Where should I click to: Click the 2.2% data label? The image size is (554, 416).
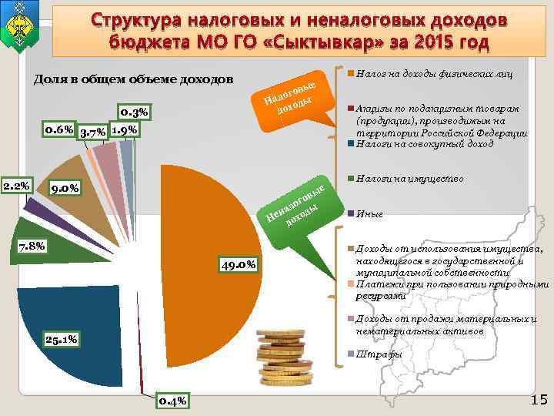[x=15, y=186]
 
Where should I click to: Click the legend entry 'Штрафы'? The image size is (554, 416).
[x=379, y=354]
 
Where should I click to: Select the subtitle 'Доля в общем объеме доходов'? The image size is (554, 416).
[x=134, y=81]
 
